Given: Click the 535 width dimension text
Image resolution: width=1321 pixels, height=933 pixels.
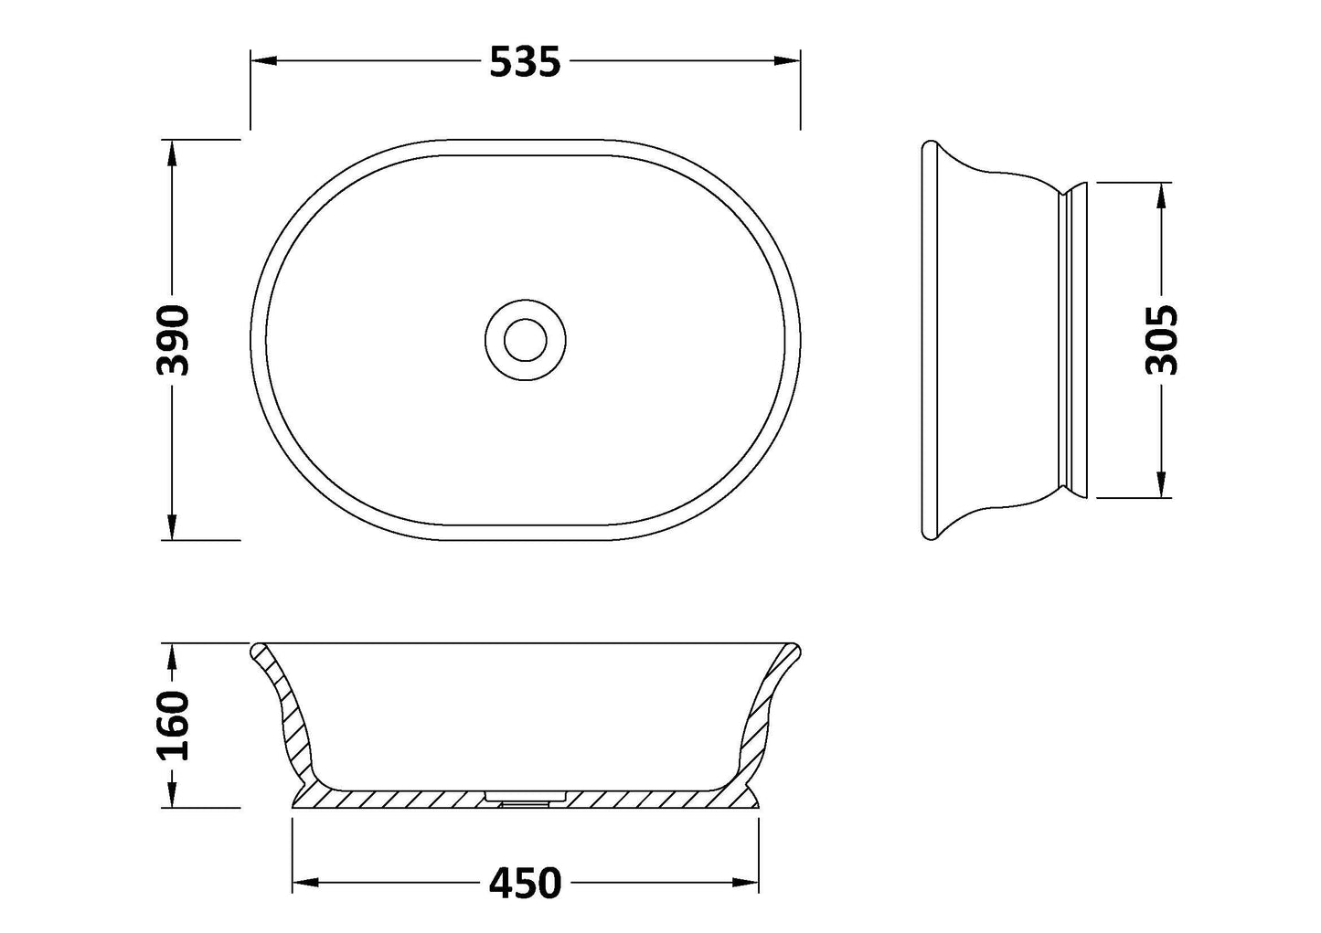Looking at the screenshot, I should tap(525, 61).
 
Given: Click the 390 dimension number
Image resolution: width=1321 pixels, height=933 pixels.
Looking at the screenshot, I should tap(172, 340).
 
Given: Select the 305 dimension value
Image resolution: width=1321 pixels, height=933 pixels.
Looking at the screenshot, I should tap(1161, 340).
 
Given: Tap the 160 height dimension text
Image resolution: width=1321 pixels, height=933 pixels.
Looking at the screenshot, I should tap(172, 726).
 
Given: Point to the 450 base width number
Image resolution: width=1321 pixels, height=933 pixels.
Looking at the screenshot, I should tap(525, 884).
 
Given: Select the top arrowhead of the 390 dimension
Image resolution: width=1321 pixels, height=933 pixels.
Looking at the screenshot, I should tap(171, 153).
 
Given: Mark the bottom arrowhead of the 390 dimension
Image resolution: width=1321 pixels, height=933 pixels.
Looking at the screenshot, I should tap(171, 527).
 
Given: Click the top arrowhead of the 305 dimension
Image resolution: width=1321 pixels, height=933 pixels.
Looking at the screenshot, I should tap(1161, 195).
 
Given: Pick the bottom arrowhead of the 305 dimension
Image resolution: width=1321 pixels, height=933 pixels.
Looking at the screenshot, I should tap(1161, 485).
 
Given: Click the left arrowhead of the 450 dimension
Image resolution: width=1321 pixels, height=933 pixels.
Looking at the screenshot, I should tap(304, 884).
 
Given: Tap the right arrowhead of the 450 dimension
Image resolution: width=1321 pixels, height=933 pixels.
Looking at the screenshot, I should tap(747, 884).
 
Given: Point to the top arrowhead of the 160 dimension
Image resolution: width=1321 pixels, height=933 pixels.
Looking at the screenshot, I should tap(171, 656).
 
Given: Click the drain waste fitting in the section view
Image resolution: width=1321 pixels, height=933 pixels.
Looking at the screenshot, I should tap(525, 799).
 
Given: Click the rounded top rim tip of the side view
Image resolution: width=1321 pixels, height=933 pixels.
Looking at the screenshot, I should tap(930, 146).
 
